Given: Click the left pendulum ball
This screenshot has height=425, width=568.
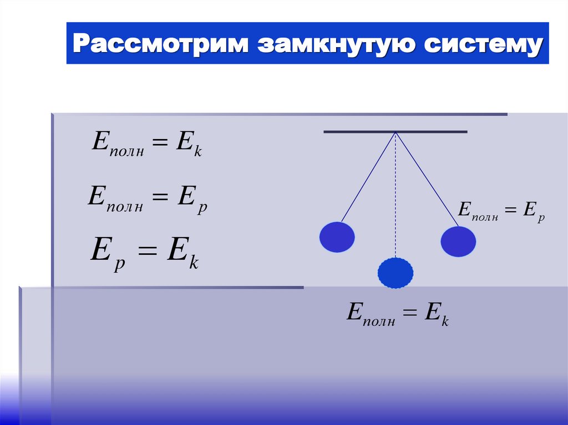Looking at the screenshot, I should click(337, 237).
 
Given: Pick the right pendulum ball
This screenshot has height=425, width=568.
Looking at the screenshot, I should click(458, 242).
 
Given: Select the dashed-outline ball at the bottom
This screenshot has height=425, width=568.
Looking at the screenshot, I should click(395, 273).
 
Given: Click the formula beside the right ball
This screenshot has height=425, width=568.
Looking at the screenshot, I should click(500, 211).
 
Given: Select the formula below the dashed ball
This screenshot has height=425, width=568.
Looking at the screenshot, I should click(397, 313).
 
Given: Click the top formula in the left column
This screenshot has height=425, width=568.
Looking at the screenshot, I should click(146, 144).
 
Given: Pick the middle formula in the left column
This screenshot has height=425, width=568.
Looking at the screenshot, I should click(147, 198).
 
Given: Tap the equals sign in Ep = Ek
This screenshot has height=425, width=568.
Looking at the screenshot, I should click(148, 254).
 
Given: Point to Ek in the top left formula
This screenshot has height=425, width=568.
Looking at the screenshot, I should click(189, 144).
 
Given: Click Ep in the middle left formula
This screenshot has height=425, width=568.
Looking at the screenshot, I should click(192, 199).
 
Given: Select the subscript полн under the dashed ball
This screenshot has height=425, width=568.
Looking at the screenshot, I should click(379, 320).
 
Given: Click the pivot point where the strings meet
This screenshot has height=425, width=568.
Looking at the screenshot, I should click(395, 132).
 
